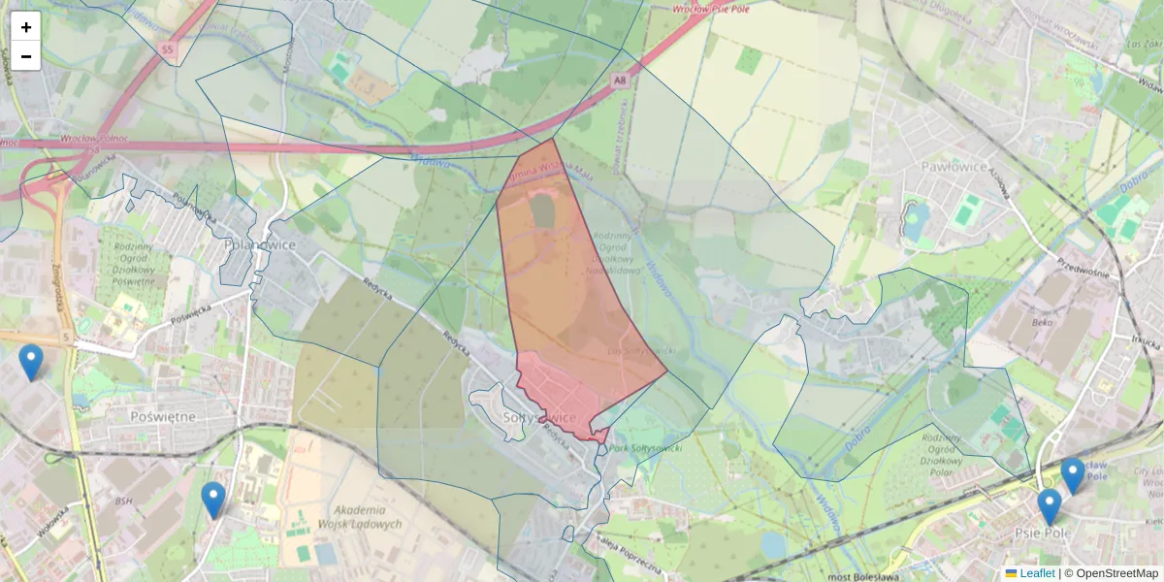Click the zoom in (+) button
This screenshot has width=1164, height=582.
[26, 27]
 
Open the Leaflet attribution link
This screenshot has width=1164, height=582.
[1037, 573]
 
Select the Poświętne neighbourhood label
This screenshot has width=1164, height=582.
[162, 416]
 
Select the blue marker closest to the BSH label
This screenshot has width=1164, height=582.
[213, 500]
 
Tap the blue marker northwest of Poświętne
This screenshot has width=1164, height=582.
[31, 362]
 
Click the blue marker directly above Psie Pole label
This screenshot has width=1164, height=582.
[1049, 505]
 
